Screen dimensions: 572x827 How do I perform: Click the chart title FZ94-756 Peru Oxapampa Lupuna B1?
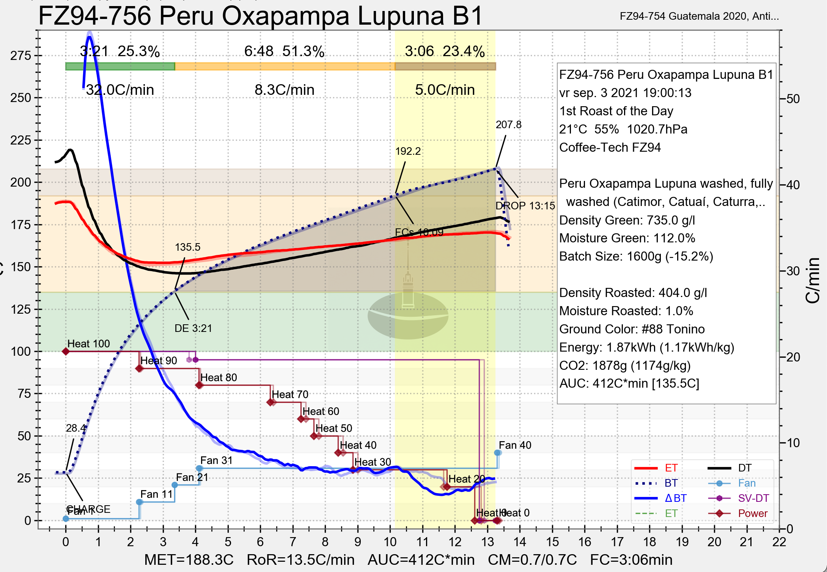[260, 16]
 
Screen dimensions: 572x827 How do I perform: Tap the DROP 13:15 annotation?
[525, 206]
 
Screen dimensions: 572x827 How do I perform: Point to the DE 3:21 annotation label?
[193, 328]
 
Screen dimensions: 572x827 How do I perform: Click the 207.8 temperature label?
[508, 125]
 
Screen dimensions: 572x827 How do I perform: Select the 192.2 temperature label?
[408, 151]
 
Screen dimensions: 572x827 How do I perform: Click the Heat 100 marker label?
[88, 344]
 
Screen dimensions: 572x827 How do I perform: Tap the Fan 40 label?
[515, 445]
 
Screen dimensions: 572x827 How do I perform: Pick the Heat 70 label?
[290, 394]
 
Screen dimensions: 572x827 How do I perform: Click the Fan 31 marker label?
[216, 460]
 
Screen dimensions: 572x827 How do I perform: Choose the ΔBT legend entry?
[675, 498]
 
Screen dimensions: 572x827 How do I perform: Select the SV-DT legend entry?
[753, 498]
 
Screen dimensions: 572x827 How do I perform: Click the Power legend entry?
[753, 514]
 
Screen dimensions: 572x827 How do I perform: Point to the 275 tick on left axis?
[21, 56]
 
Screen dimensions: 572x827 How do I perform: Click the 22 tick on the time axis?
[779, 542]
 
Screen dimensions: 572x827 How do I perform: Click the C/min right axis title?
[813, 281]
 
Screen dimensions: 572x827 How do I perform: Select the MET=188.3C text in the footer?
[189, 560]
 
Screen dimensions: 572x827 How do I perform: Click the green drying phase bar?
[120, 66]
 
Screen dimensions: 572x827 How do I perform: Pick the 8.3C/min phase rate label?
[285, 90]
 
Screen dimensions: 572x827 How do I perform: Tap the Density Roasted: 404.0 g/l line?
[633, 293]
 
